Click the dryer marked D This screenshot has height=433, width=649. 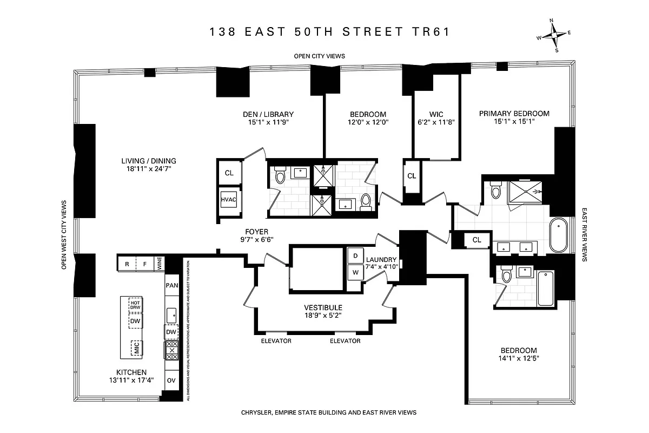point(355,255)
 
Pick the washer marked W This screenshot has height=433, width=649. point(355,272)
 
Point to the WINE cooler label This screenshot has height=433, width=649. point(160,265)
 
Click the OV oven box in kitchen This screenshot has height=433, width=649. point(171,380)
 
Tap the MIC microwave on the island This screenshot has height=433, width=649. point(136,348)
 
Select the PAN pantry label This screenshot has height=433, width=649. point(171,285)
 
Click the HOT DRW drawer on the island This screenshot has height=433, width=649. point(135,305)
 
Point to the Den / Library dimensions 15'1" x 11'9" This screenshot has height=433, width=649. point(268,122)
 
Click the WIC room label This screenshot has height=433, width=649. point(436,114)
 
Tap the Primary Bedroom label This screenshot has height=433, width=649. point(514,114)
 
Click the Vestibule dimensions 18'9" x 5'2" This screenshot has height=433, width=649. point(322,315)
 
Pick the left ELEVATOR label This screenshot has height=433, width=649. point(276,341)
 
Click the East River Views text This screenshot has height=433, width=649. point(585,235)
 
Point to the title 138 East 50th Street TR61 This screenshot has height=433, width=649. point(330,32)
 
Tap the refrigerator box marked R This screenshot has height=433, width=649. point(127,265)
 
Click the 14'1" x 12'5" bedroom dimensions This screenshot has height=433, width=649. point(518,358)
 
